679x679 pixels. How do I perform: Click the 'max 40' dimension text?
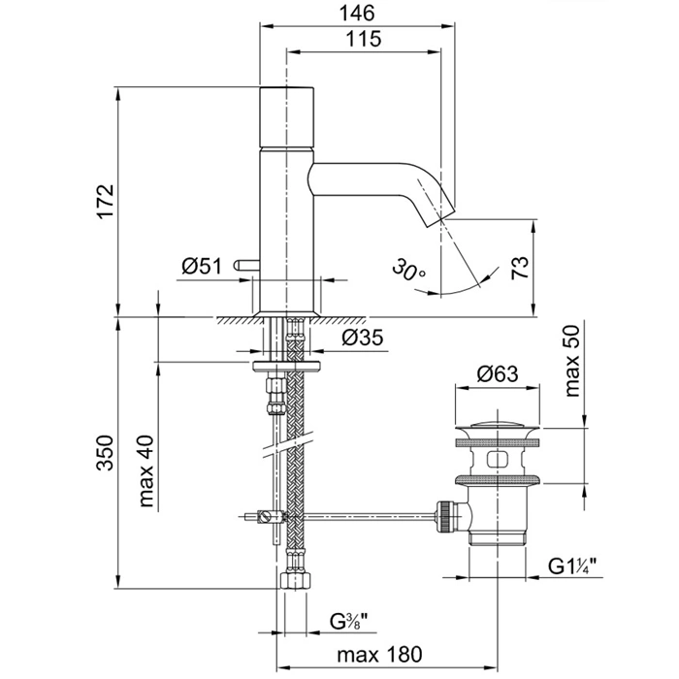click(147, 472)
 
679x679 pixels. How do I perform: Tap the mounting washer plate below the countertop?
click(288, 367)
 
